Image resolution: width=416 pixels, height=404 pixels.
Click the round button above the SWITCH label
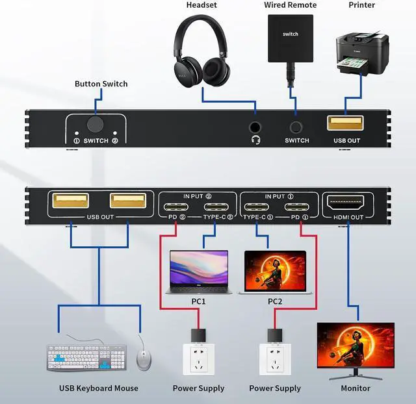96,124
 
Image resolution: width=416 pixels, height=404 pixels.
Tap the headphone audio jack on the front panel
255,127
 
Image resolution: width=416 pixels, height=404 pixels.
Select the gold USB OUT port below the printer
345,123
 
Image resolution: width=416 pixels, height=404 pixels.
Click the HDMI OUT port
345,203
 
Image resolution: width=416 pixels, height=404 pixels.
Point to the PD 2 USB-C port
175,207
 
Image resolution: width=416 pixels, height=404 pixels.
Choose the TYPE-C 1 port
256,207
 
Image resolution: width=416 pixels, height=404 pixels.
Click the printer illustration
362,53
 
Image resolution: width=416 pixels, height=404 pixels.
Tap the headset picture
201,51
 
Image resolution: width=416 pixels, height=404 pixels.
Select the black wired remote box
291,38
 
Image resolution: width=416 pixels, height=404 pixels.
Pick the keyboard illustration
86,357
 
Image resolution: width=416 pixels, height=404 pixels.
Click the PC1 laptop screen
199,268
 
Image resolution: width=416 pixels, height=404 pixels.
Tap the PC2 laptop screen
275,271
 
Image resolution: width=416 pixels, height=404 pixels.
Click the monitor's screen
356,345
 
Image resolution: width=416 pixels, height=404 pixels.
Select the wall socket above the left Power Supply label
199,359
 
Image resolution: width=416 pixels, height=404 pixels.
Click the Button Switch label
101,84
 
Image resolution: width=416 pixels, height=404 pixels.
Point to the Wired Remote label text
291,5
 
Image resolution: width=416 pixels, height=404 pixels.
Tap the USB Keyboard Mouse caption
99,388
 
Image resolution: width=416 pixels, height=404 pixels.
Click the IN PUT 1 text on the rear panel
279,196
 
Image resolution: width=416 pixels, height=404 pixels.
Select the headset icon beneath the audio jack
255,140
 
